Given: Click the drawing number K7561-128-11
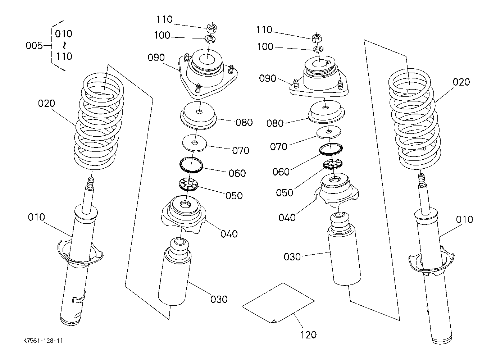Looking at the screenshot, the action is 43,341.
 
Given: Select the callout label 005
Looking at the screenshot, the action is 34,46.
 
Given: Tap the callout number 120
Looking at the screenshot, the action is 308,335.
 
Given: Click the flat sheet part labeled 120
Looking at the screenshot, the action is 278,303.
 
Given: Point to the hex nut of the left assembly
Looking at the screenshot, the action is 212,28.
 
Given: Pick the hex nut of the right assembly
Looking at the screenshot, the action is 317,39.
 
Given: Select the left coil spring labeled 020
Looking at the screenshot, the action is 99,121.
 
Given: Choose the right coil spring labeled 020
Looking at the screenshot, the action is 414,119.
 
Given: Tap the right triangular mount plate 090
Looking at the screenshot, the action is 319,77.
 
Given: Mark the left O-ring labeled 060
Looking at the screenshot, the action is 191,165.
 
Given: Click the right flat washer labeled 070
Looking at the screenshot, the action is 329,132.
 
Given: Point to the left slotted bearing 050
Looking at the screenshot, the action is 188,184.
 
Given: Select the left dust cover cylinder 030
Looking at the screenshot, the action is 175,272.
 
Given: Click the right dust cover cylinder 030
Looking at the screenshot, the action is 344,249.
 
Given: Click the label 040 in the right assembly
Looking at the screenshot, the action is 287,218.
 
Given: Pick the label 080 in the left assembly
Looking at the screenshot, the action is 244,122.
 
